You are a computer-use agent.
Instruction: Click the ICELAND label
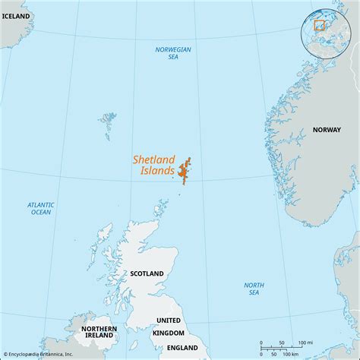click(15, 15)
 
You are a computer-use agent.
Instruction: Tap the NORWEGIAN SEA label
click(173, 53)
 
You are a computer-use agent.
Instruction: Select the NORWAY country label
click(327, 130)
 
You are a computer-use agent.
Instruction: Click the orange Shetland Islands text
click(154, 166)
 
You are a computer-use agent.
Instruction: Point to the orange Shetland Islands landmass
click(185, 171)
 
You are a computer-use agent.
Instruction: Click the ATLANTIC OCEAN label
click(39, 208)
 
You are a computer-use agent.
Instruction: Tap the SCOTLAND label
click(147, 273)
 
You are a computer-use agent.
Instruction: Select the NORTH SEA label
click(254, 289)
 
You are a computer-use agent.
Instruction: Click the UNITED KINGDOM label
click(169, 327)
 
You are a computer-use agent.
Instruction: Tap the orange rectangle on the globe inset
click(320, 25)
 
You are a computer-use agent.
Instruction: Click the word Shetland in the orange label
click(154, 160)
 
